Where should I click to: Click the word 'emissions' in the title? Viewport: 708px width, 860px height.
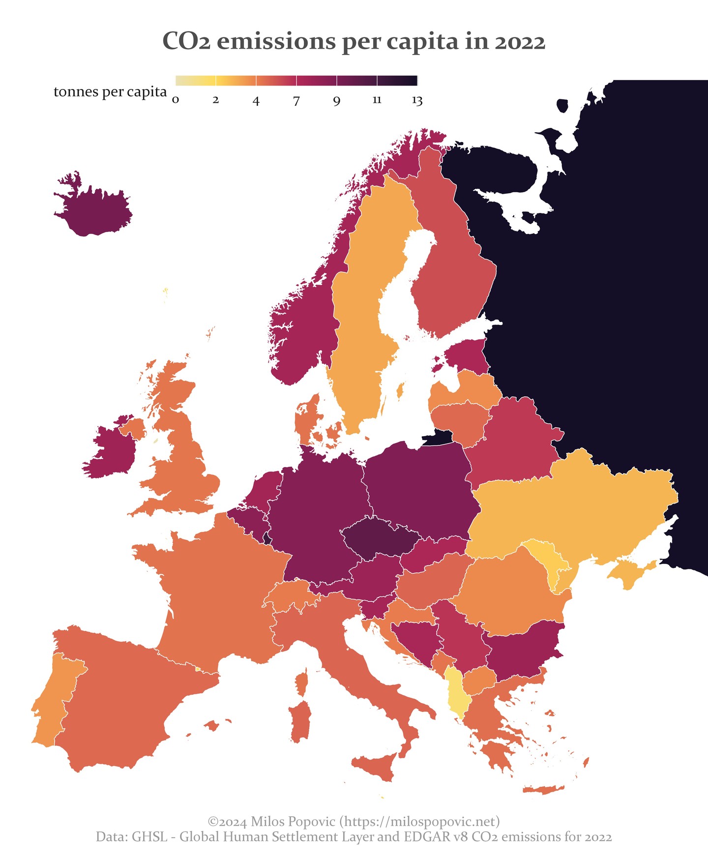click(276, 41)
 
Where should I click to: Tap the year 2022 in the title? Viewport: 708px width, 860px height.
click(520, 41)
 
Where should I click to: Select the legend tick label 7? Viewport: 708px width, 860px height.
click(296, 101)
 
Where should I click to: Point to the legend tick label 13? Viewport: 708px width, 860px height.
click(417, 101)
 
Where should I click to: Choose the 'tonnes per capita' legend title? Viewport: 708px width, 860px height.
click(110, 92)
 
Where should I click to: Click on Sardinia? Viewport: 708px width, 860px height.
click(300, 721)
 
